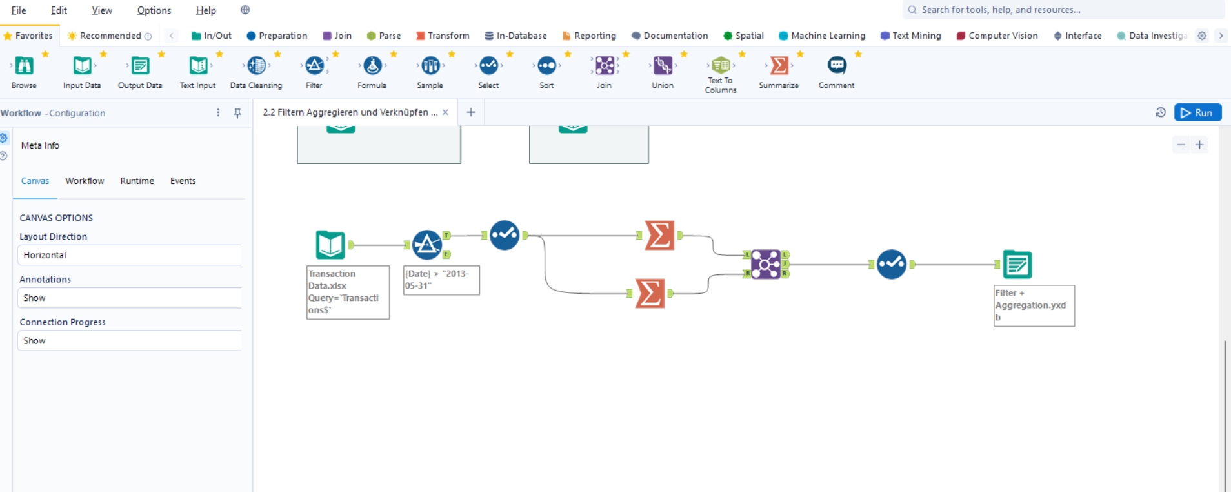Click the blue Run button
[x=1197, y=112]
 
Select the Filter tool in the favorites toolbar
[x=314, y=66]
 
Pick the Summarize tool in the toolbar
[x=779, y=66]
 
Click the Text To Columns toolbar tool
[x=721, y=66]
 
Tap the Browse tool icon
[x=24, y=66]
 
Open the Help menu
[x=206, y=10]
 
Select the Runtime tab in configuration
[x=137, y=181]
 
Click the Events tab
[x=183, y=181]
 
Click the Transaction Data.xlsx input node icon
[x=330, y=245]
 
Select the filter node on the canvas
[x=426, y=245]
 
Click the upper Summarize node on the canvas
[x=659, y=236]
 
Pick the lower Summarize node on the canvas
[x=650, y=293]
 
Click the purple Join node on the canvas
[x=766, y=264]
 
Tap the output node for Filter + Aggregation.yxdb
[x=1017, y=264]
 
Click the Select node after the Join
[x=892, y=264]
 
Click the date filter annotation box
[x=441, y=280]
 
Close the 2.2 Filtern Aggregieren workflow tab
[x=445, y=112]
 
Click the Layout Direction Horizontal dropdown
[x=129, y=255]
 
